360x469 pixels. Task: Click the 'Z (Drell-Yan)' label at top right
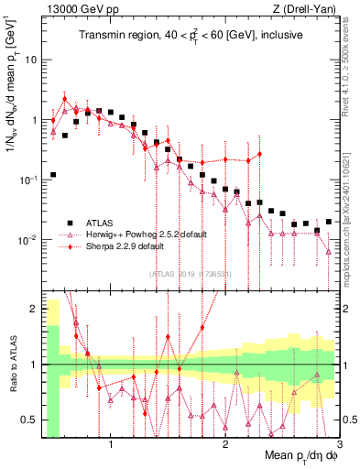click(x=306, y=8)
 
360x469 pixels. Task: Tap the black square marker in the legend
click(x=70, y=222)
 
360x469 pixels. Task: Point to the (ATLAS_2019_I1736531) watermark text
click(x=191, y=274)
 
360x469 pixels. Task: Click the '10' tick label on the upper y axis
click(x=29, y=60)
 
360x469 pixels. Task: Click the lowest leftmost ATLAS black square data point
click(x=53, y=174)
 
